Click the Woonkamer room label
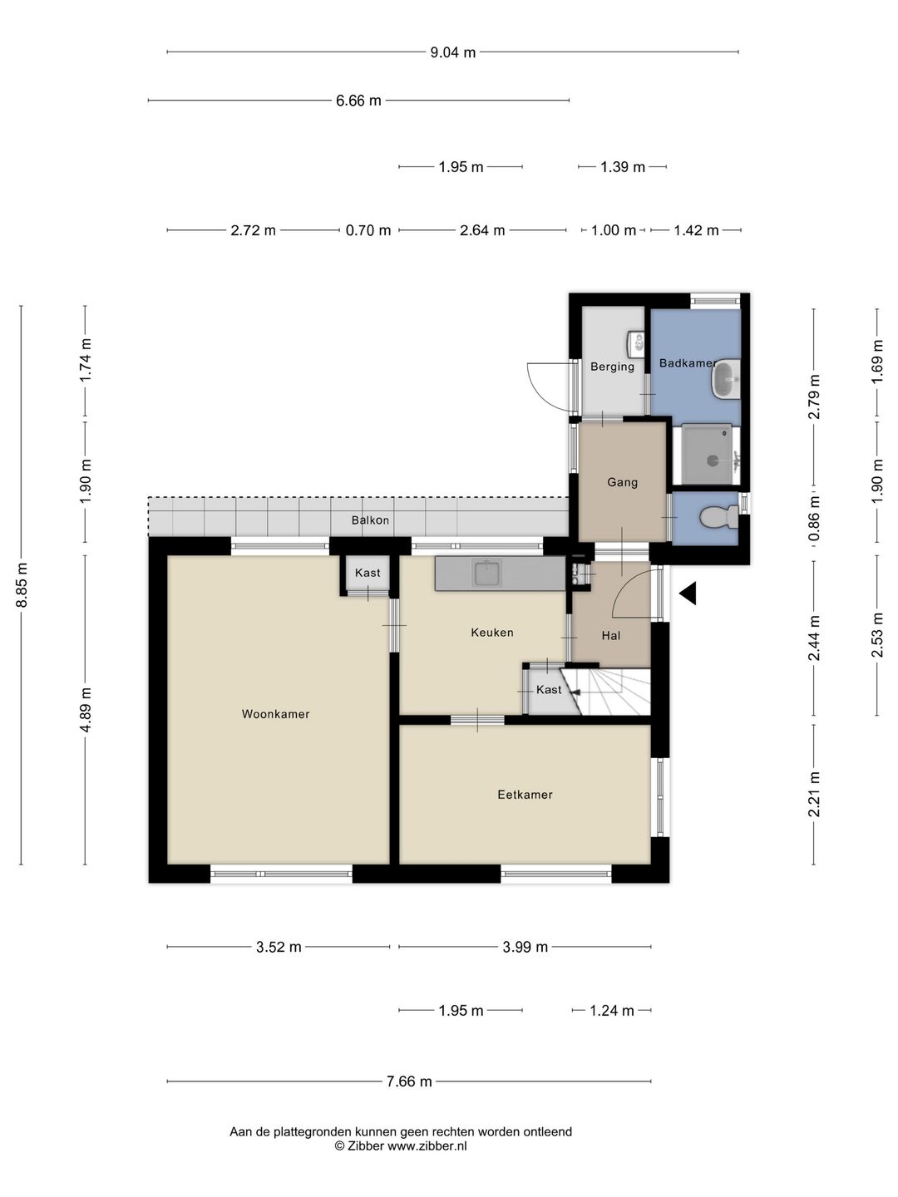tap(275, 714)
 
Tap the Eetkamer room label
tap(525, 795)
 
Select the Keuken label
tap(491, 632)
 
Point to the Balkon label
tap(370, 520)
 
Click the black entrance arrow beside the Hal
tap(688, 594)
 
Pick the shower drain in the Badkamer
tap(713, 461)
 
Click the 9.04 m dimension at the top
tap(452, 52)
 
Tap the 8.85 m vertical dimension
tap(22, 584)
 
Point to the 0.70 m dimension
tap(368, 230)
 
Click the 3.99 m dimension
tap(525, 947)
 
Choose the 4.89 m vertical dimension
tap(86, 711)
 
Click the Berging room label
tap(612, 367)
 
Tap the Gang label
tap(622, 482)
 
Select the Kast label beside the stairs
tap(549, 689)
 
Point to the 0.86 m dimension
tap(814, 518)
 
